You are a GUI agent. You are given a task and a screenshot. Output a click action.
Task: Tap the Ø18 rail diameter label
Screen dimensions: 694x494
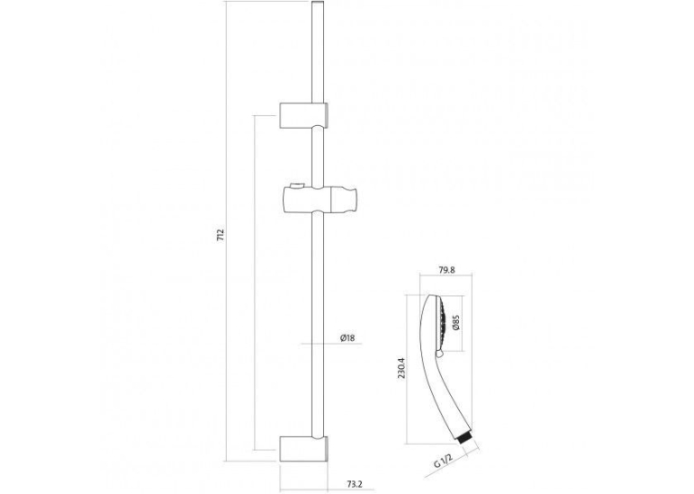click(x=347, y=338)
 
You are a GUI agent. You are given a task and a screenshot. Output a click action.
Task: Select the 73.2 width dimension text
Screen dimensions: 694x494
click(x=354, y=484)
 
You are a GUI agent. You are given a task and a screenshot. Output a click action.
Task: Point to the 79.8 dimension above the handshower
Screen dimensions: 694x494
click(x=446, y=270)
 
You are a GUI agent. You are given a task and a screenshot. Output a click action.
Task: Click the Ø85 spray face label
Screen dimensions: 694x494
click(x=456, y=323)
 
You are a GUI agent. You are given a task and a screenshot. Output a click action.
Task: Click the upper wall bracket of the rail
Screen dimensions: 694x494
click(x=304, y=115)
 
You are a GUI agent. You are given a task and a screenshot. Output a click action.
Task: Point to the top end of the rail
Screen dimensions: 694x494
click(x=318, y=2)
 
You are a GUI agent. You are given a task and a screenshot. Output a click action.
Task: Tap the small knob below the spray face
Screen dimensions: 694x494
click(x=439, y=354)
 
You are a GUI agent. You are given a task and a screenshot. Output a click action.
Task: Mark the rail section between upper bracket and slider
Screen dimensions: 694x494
click(x=318, y=156)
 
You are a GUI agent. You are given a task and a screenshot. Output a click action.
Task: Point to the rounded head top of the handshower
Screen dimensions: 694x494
click(x=432, y=299)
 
